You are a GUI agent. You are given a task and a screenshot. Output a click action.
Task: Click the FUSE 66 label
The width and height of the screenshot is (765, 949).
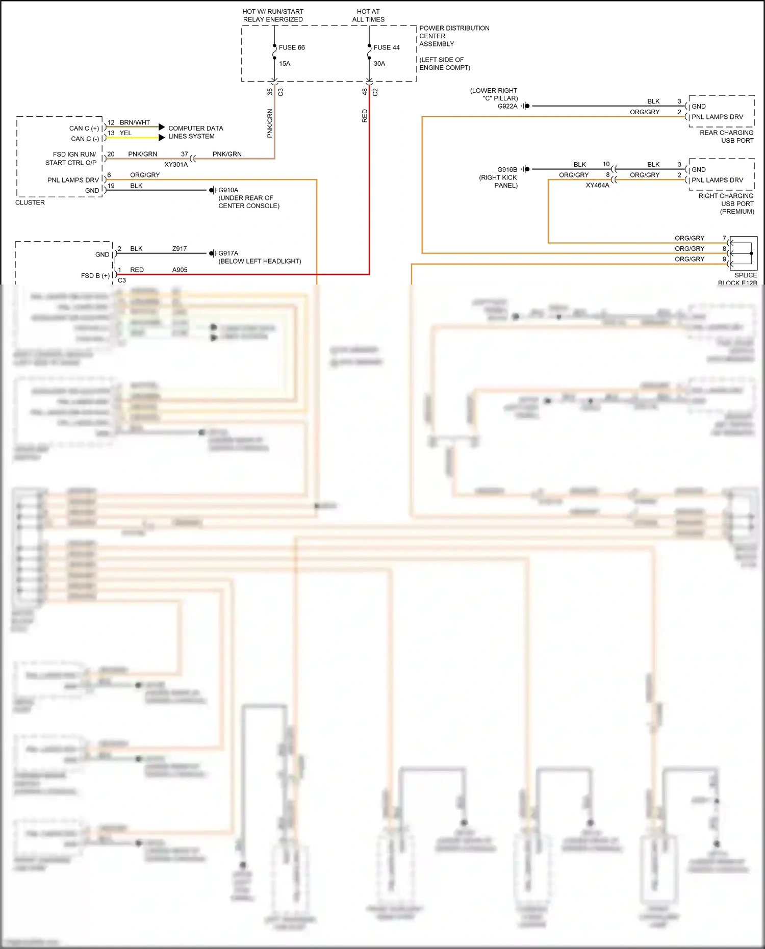[x=292, y=47]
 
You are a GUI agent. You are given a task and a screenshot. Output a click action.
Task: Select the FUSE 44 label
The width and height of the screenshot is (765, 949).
[x=387, y=47]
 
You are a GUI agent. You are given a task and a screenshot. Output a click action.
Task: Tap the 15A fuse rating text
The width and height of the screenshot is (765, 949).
[x=285, y=64]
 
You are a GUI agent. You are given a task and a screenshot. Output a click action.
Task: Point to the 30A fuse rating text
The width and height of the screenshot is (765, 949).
[x=379, y=64]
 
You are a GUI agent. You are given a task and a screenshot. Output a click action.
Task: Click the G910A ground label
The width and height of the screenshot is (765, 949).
[x=228, y=190]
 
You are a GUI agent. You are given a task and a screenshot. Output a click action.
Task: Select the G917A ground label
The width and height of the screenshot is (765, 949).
[x=228, y=253]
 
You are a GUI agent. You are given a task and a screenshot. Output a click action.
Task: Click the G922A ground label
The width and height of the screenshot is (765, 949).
[x=507, y=106]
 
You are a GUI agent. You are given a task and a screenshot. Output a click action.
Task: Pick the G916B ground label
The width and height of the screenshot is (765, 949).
[x=507, y=169]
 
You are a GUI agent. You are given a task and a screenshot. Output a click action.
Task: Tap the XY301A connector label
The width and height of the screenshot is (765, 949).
[x=176, y=165]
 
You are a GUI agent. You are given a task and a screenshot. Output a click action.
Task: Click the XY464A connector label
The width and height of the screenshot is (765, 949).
[x=597, y=186]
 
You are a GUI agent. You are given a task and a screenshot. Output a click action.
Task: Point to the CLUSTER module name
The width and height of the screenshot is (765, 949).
[x=30, y=202]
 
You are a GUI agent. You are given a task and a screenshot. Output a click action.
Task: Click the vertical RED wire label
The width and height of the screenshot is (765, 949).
[x=365, y=116]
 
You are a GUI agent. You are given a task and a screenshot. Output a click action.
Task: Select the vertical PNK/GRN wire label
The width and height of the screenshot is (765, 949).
[x=270, y=123]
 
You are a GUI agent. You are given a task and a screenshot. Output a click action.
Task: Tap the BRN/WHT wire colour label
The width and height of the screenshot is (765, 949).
[x=135, y=122]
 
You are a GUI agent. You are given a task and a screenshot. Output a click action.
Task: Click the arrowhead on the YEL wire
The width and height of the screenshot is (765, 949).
[x=162, y=137]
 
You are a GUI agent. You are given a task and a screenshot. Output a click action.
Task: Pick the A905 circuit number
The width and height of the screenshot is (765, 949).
[x=180, y=270]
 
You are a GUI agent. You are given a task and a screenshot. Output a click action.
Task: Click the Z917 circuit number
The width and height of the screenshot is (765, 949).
[x=180, y=249]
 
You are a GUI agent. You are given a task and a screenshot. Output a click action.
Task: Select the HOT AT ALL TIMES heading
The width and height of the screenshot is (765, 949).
[x=368, y=15]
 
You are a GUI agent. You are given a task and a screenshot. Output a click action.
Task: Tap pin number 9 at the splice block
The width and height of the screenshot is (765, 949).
[x=724, y=259]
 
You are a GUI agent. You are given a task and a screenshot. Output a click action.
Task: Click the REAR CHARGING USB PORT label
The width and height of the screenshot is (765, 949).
[x=726, y=136]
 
